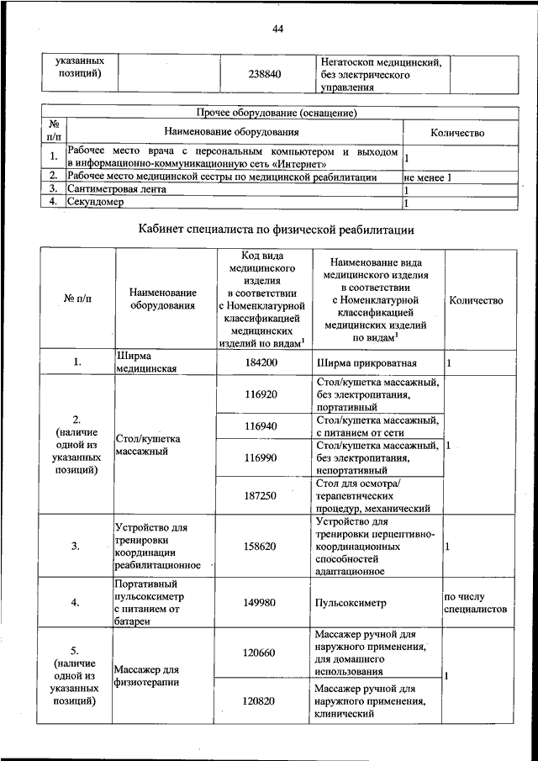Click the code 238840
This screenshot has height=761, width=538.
pos(265,74)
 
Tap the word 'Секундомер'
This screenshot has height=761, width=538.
pos(95,203)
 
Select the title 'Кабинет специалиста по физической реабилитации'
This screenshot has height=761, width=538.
pos(277,229)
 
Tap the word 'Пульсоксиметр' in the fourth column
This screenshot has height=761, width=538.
pos(352,603)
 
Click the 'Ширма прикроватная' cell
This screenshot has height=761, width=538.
pos(367,363)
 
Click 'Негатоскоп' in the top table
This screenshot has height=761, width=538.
pos(349,62)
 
